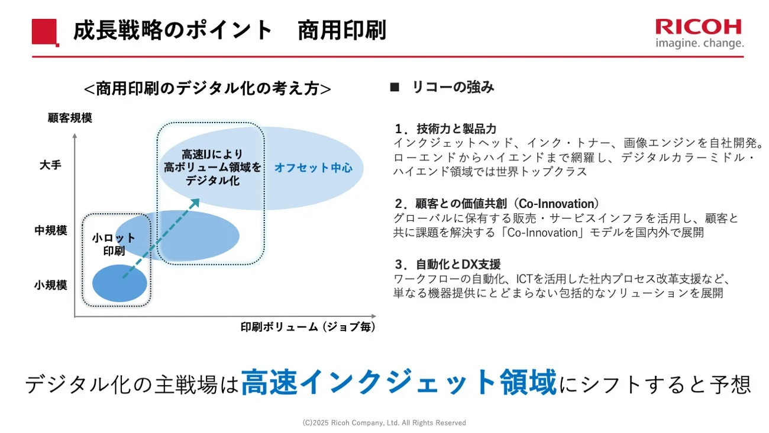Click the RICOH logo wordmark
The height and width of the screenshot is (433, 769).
698,27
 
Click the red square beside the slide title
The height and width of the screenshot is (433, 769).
44,31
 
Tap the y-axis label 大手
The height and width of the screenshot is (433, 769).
50,165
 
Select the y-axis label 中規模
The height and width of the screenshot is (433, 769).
50,230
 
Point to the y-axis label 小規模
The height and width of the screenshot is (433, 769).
50,285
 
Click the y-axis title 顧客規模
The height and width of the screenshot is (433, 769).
70,118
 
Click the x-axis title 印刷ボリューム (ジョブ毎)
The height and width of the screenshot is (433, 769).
308,327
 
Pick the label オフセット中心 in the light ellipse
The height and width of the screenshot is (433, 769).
313,168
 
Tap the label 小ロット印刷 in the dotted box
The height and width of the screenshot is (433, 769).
114,244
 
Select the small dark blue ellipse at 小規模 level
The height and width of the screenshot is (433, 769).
119,283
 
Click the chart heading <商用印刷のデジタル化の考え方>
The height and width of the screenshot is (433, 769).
207,89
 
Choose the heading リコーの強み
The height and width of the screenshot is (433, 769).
453,88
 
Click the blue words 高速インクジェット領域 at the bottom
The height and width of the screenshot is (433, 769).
399,383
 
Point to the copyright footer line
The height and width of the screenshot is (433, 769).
384,423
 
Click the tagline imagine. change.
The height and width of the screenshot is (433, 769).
699,43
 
